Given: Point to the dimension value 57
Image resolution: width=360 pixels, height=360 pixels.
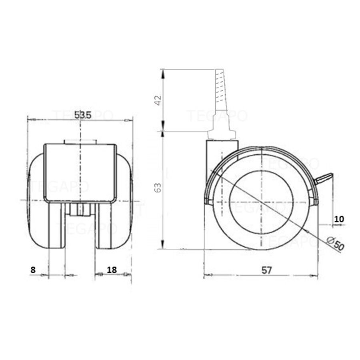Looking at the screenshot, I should tap(267, 270).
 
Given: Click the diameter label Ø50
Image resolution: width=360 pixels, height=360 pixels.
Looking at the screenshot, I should tap(335, 243).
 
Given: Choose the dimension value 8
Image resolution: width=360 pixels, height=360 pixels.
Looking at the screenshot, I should tap(33, 270).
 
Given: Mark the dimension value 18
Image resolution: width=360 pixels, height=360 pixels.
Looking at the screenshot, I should tap(112, 270).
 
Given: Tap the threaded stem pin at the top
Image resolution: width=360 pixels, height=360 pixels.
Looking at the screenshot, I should tap(220, 90).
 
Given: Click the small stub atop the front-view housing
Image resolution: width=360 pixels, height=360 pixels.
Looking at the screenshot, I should tap(80, 142).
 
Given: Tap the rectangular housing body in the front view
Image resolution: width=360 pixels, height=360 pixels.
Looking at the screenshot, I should tap(80, 172).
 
